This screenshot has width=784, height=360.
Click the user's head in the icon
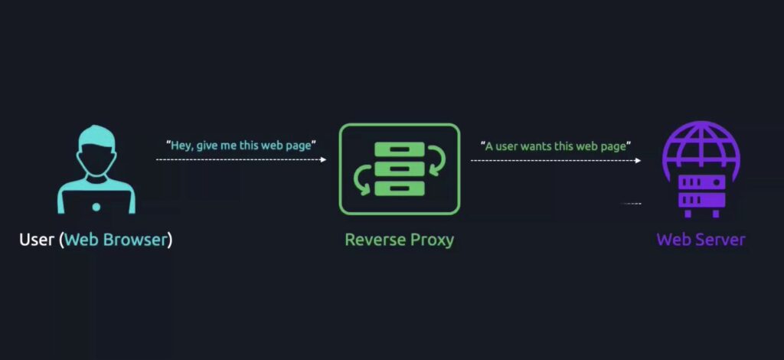click(96, 150)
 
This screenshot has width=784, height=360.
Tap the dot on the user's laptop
click(96, 207)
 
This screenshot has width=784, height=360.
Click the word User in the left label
click(36, 240)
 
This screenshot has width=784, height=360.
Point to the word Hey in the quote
click(181, 146)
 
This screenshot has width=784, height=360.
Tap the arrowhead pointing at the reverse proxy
click(323, 159)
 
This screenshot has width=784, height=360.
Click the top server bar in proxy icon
click(400, 149)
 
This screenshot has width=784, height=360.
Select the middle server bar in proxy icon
click(400, 169)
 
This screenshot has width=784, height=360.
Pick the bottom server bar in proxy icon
click(400, 188)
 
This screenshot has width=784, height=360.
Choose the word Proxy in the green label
click(433, 241)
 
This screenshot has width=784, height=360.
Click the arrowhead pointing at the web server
click(638, 161)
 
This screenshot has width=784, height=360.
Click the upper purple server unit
click(701, 182)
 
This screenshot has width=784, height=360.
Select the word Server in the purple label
click(720, 240)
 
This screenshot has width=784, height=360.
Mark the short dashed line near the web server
click(631, 204)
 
